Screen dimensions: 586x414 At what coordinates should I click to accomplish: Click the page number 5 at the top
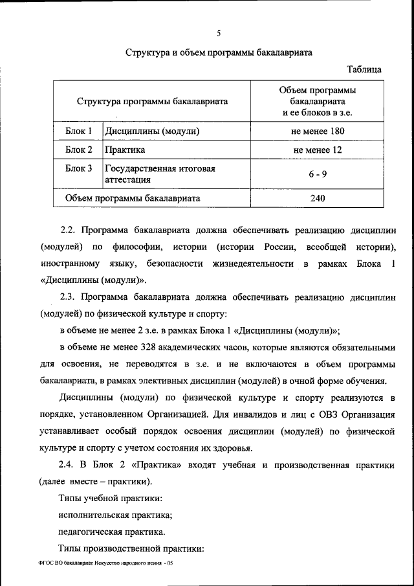(219, 33)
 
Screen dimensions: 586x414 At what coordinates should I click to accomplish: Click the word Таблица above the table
(364, 69)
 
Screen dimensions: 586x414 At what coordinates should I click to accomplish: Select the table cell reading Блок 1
(80, 131)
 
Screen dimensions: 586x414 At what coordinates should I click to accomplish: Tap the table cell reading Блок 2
(80, 150)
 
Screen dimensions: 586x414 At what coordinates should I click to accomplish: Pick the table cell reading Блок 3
(80, 168)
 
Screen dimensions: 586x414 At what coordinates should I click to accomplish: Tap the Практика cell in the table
(125, 150)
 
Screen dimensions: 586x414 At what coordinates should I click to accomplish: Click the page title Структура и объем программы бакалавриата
(219, 53)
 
